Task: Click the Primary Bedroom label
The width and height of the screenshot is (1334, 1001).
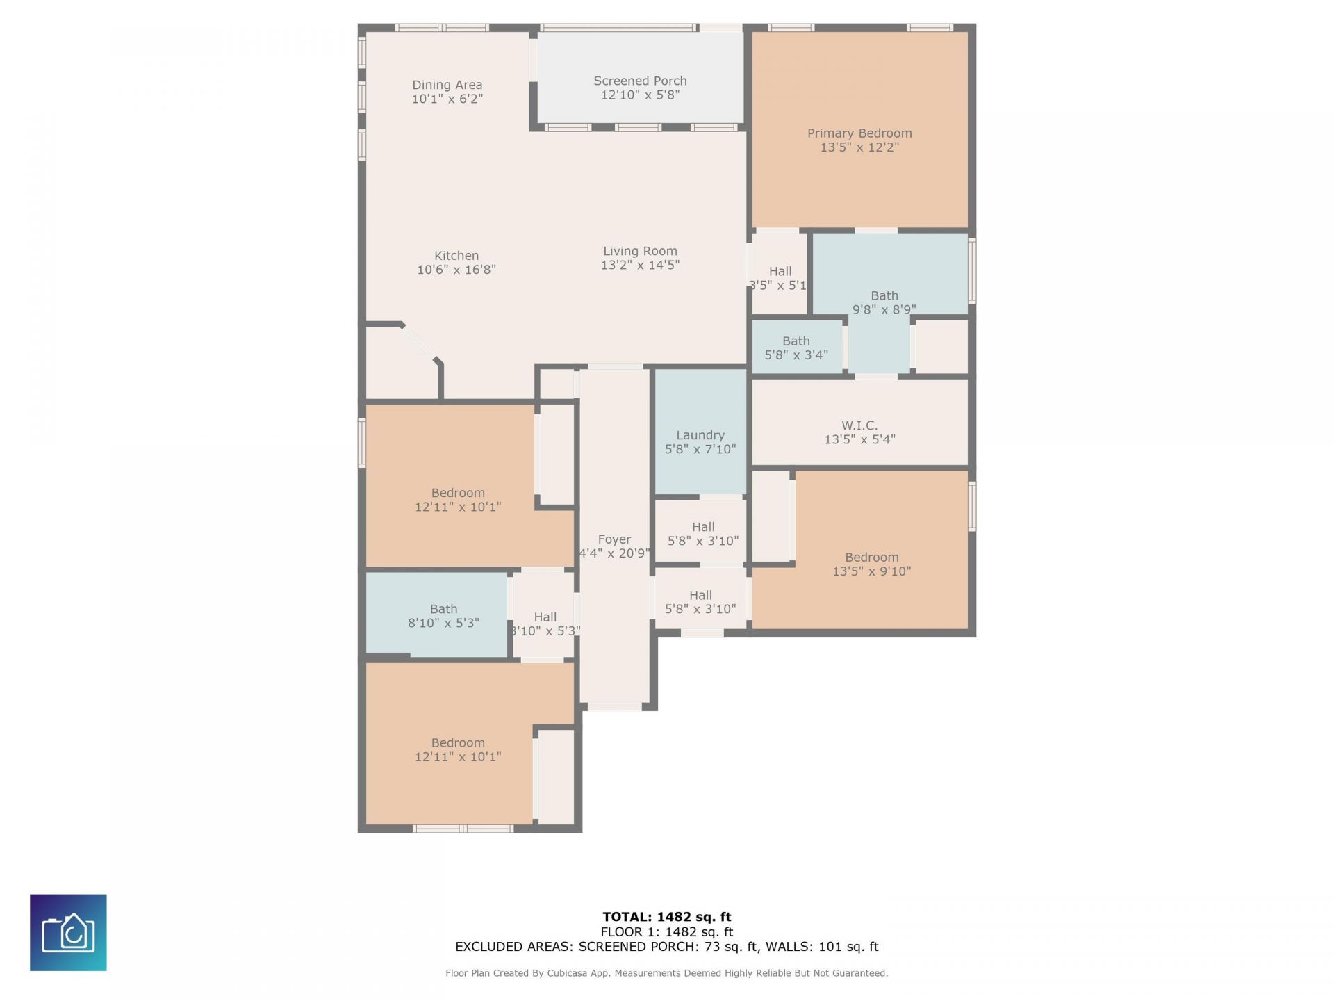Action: [x=859, y=133]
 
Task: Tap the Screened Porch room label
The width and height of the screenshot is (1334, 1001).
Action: [x=640, y=81]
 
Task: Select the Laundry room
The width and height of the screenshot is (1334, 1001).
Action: [x=700, y=436]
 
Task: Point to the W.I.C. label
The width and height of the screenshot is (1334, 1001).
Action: [x=859, y=425]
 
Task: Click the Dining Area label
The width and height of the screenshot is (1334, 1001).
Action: [x=447, y=85]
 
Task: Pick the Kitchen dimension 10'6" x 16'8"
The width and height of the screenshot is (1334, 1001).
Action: [x=456, y=270]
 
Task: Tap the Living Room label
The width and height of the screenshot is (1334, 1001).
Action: [x=640, y=252]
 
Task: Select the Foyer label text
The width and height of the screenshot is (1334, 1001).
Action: [x=614, y=539]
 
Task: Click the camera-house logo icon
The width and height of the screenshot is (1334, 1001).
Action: [x=68, y=932]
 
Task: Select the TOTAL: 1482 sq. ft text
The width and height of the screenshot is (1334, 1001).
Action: [x=666, y=917]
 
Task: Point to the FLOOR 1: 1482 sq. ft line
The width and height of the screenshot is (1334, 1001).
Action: [x=666, y=932]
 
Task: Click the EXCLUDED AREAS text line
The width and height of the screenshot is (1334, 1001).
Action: [x=666, y=947]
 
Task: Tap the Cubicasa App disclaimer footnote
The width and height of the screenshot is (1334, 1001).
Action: [x=666, y=973]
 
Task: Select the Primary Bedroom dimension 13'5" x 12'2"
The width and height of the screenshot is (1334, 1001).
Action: [x=859, y=147]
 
